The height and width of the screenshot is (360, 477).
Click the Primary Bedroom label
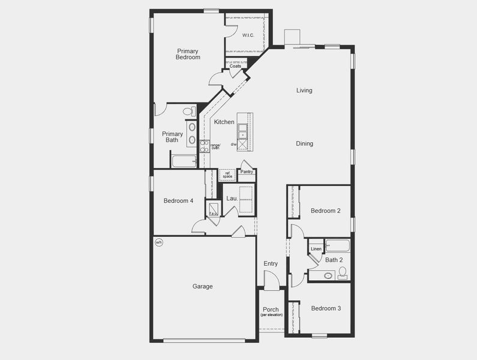[188, 54]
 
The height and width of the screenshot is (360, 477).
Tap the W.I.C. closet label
[248, 35]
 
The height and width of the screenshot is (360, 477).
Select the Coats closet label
[235, 67]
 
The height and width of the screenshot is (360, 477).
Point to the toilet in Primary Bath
[188, 112]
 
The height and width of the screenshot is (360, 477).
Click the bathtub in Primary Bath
[184, 161]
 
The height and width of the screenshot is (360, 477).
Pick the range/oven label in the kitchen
[215, 146]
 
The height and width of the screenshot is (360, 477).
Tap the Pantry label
[247, 172]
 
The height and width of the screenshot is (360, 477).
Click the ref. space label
[227, 175]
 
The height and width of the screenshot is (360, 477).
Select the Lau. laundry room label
[232, 197]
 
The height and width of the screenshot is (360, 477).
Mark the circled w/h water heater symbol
[159, 242]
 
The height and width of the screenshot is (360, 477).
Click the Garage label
[202, 287]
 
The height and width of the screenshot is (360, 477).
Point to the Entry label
[271, 263]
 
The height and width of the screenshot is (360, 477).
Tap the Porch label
[271, 310]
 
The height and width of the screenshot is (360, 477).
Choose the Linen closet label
[316, 248]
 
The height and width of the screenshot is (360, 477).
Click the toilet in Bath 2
[343, 273]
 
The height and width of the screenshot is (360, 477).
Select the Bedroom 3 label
[326, 308]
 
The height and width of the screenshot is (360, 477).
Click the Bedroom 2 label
[325, 211]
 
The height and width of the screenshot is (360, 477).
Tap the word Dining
[304, 144]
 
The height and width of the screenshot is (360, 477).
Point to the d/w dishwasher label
[233, 145]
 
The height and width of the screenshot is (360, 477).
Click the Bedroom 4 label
[178, 201]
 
